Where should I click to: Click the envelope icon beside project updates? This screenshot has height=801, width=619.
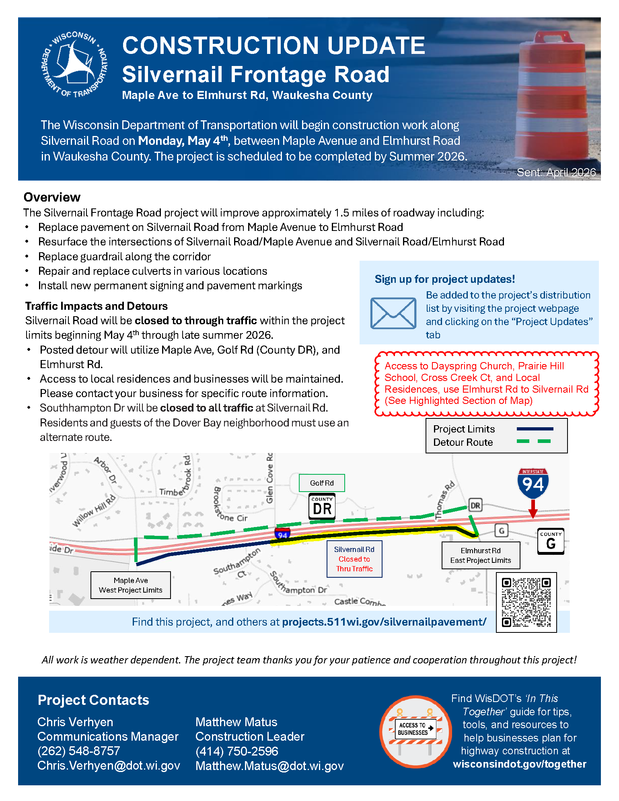[x=393, y=313]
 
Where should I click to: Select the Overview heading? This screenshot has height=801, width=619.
[x=52, y=197]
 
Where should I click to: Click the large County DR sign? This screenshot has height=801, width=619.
[x=322, y=506]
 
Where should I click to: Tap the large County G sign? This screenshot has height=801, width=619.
[x=551, y=541]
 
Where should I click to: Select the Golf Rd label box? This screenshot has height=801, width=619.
[x=322, y=483]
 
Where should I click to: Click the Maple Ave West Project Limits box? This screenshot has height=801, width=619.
[x=131, y=585]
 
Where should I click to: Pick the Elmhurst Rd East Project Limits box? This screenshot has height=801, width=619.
[x=481, y=555]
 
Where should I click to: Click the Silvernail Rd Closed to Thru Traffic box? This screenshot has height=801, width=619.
[x=354, y=559]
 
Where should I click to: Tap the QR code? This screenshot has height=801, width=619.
[x=526, y=602]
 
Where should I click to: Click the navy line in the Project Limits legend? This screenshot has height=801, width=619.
[x=535, y=429]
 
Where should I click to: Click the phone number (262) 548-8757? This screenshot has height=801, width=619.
[x=79, y=751]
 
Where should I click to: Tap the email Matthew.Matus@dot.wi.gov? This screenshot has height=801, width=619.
[x=269, y=766]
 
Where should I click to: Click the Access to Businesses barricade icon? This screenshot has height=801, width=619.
[x=415, y=731]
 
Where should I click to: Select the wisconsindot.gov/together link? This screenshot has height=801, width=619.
[x=519, y=764]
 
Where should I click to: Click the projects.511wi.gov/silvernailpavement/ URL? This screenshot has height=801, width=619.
[x=384, y=622]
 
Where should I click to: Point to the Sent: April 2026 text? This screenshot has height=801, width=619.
[x=556, y=172]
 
